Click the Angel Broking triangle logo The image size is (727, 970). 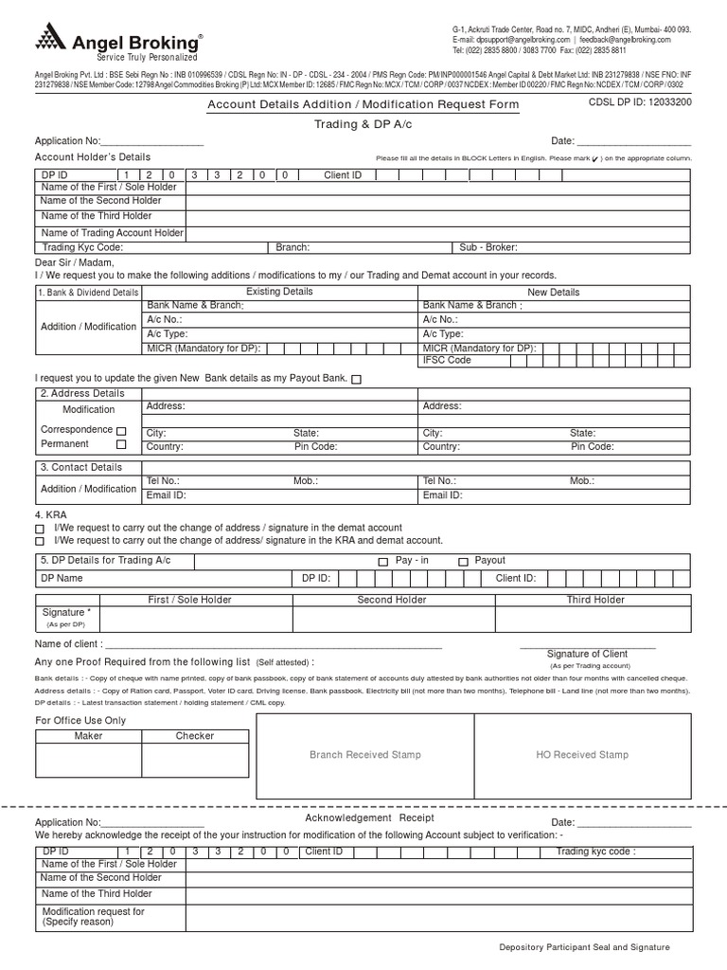point(49,38)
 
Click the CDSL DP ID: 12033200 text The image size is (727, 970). point(640,102)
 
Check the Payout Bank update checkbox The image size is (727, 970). point(356,379)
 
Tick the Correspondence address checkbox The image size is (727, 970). point(120,431)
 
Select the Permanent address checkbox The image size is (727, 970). point(120,444)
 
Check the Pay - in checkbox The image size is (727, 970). point(382,562)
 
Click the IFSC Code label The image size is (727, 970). point(447,360)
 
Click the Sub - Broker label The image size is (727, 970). point(488,247)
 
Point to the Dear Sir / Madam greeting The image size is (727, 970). point(75,262)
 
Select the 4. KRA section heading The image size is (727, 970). point(51,514)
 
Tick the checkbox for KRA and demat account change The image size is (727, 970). point(40,541)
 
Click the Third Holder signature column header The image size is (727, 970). point(595,600)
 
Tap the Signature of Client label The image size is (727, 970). point(587,654)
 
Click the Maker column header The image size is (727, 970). point(88,736)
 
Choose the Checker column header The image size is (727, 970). point(195,736)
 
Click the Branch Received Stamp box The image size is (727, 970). point(365,755)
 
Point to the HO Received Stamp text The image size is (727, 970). point(581,755)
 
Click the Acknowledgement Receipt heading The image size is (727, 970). point(369,817)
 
